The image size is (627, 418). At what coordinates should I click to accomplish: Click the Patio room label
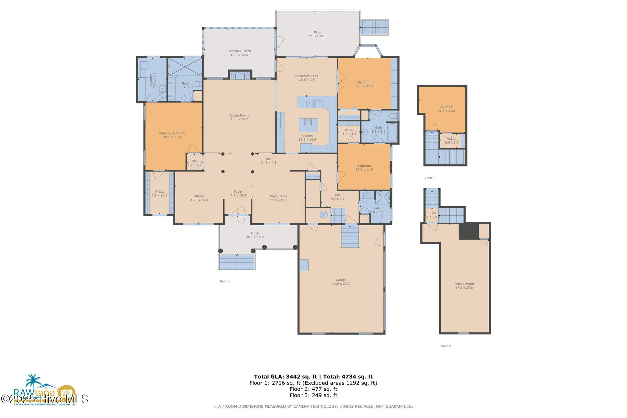coord(317,32)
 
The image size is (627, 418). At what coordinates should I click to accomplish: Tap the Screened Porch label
coord(239,51)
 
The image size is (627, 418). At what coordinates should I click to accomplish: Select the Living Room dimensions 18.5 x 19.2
coord(239,119)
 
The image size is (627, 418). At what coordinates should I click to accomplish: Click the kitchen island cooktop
coord(308,123)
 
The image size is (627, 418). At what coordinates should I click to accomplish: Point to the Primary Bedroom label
coord(172,133)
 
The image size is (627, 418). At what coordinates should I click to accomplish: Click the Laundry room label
coord(151,80)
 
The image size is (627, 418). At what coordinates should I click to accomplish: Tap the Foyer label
coord(238,191)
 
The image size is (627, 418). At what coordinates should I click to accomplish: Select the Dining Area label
coord(278,196)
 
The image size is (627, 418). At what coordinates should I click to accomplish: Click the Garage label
coord(341,280)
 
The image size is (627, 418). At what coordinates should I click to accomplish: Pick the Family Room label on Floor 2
coord(464,284)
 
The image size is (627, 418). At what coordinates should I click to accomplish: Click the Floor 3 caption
coord(430,178)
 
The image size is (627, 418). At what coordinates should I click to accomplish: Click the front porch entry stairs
coord(237,262)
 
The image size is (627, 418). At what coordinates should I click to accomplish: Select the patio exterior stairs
coord(374,28)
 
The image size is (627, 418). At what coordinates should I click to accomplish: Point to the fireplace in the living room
coord(240,76)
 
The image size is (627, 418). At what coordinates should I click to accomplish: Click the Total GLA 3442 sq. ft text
coord(285,377)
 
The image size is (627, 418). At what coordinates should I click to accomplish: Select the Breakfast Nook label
coord(306,76)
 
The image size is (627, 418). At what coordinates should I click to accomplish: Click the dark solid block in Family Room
coord(468,231)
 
